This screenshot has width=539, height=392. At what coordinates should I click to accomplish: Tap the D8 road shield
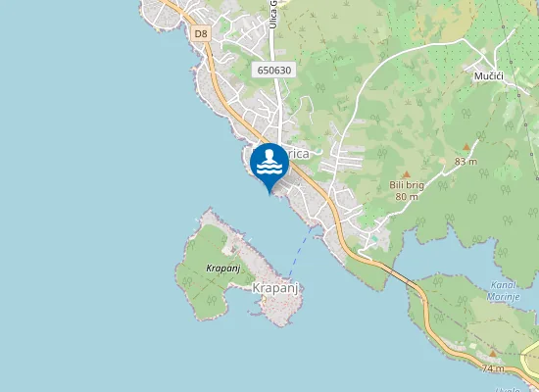(x=201, y=33)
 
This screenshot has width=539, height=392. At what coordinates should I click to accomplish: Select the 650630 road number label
(x=274, y=70)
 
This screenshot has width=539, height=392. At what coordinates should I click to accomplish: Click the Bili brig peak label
(x=405, y=184)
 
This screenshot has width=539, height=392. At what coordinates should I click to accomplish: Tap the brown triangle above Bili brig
(x=405, y=173)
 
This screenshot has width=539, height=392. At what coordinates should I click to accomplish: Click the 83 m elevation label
(x=465, y=161)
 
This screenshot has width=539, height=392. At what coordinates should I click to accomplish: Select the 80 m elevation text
(x=407, y=196)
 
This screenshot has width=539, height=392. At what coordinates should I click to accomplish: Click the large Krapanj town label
(x=273, y=287)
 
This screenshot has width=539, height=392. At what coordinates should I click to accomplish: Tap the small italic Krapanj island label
(x=223, y=268)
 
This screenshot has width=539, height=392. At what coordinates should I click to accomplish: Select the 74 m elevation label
(x=493, y=368)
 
